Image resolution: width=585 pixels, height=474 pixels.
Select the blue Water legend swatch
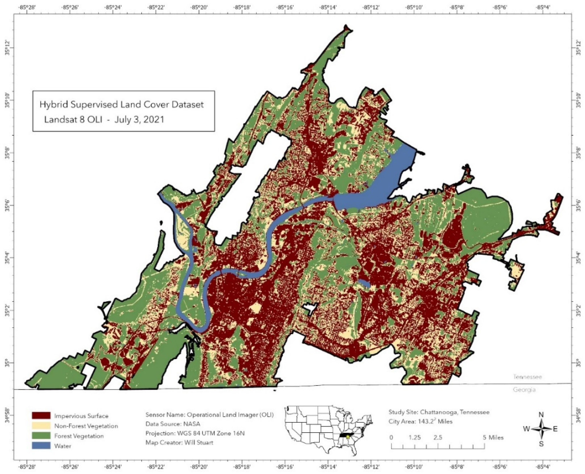click(x=41, y=446)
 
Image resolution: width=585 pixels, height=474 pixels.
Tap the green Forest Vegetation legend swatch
click(x=41, y=436)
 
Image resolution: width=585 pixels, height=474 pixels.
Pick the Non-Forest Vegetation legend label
click(x=86, y=426)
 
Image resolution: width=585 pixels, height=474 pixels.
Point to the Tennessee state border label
click(x=527, y=377)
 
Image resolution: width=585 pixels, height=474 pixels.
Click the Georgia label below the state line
click(x=524, y=390)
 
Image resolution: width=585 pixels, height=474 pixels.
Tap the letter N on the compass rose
click(x=541, y=415)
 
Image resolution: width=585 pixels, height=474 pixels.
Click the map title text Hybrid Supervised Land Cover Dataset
click(x=122, y=105)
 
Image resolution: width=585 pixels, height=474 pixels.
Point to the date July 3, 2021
click(x=139, y=120)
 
